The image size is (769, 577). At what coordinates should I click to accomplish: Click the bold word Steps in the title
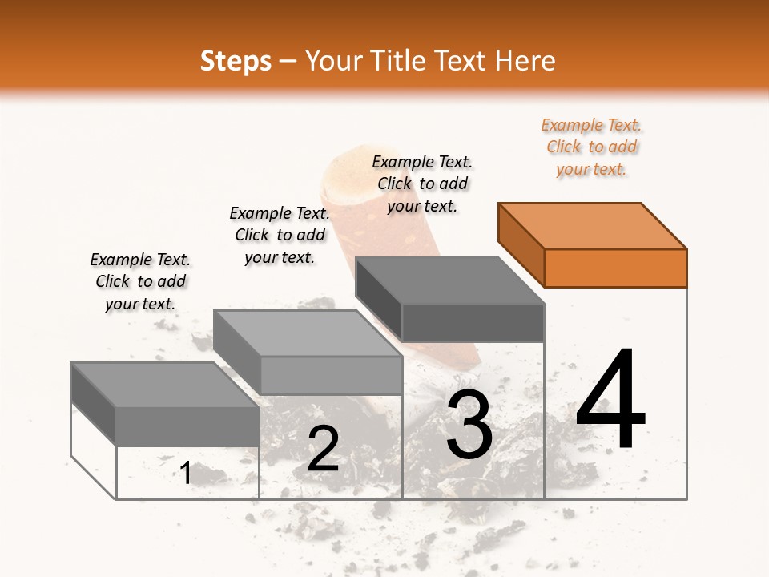[236, 61]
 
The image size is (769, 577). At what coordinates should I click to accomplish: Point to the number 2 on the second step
[323, 449]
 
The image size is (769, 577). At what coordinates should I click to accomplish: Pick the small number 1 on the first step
[186, 473]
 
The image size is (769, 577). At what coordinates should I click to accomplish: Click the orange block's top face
[593, 225]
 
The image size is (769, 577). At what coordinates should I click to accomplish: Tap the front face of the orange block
[615, 268]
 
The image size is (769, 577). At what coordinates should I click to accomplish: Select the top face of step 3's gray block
[449, 280]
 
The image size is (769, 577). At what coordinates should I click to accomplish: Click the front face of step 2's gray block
[331, 375]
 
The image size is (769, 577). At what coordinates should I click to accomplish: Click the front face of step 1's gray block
[187, 426]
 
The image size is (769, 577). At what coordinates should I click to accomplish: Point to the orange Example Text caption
[591, 147]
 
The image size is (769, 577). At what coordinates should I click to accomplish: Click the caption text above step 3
[422, 184]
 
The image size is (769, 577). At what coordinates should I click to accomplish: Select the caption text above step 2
[280, 235]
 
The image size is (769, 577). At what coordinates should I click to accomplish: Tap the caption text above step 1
[140, 281]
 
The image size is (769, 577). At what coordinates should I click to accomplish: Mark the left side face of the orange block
[521, 244]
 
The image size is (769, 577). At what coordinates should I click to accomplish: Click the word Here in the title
[525, 61]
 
